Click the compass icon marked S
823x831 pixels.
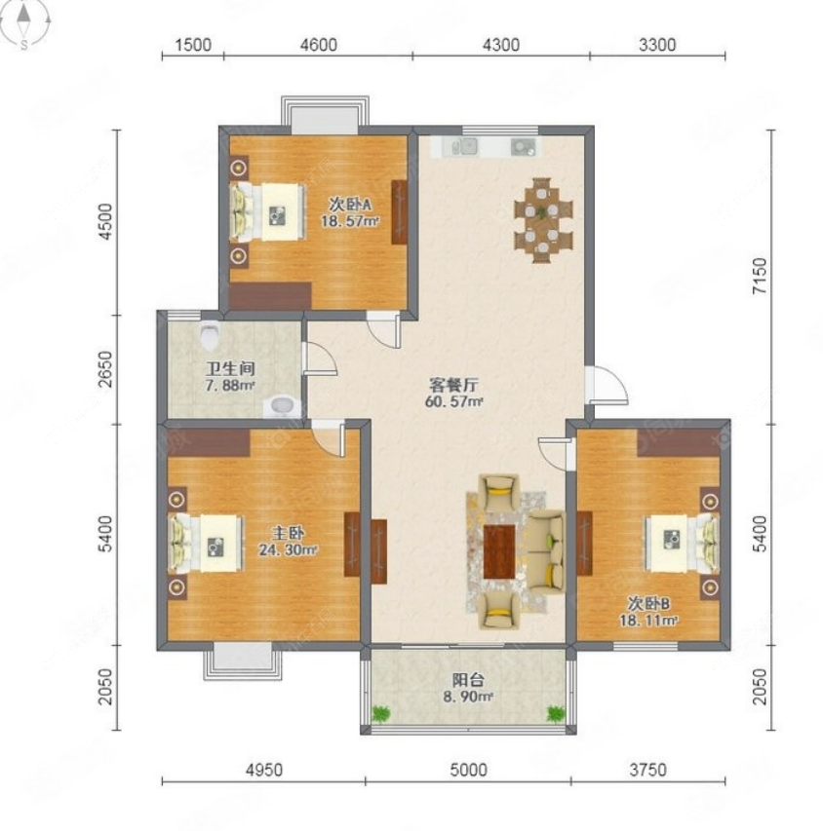click(25, 23)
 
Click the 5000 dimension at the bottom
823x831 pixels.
click(468, 770)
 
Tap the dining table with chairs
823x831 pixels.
click(543, 219)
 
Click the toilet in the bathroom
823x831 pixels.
click(210, 337)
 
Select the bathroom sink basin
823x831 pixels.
click(283, 405)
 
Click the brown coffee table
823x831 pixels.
click(499, 549)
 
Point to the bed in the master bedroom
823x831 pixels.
click(207, 543)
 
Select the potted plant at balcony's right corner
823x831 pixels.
click(556, 714)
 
